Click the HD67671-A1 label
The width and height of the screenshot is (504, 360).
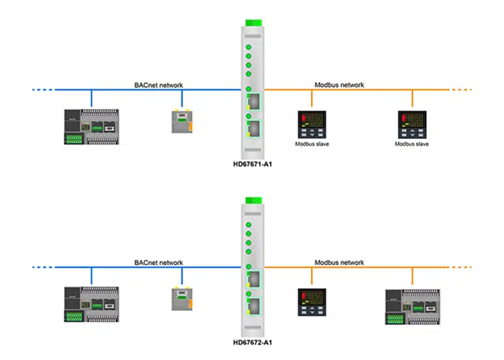click(x=252, y=164)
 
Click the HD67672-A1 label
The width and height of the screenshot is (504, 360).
click(x=252, y=343)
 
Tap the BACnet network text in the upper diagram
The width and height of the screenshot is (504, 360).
click(x=158, y=85)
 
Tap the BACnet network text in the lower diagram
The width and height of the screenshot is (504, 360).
click(x=158, y=263)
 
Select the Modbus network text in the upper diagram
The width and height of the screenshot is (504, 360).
click(x=339, y=85)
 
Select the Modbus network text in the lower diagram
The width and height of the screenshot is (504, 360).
click(x=339, y=263)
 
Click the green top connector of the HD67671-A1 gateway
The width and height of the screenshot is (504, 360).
click(x=252, y=23)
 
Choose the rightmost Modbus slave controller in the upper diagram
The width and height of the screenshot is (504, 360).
click(x=413, y=124)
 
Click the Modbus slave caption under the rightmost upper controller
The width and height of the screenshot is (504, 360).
click(x=413, y=144)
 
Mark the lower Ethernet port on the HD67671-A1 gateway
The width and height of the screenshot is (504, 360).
click(x=253, y=128)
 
